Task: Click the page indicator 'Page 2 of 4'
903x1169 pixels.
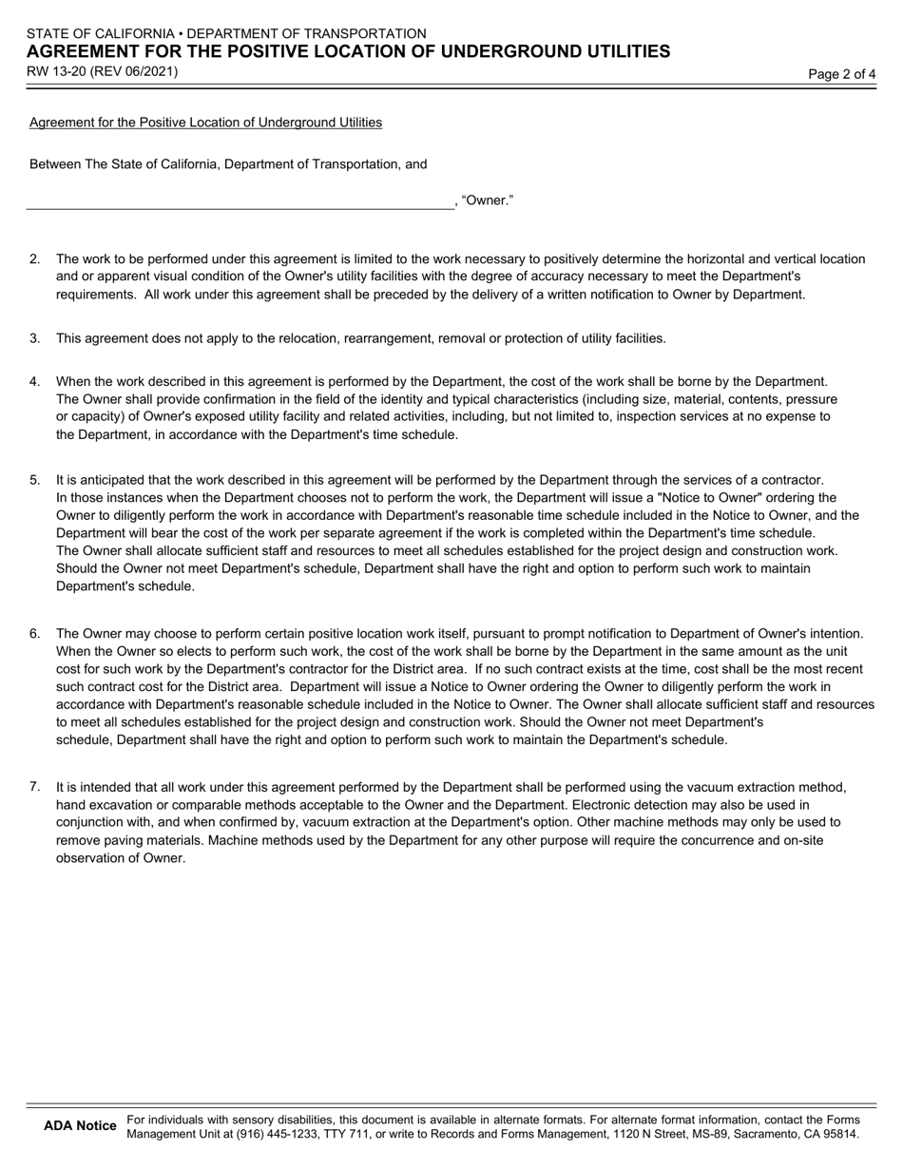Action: point(841,74)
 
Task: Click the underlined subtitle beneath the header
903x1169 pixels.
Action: point(205,123)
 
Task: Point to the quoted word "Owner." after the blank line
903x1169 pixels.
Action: point(488,201)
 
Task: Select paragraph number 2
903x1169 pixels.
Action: point(35,259)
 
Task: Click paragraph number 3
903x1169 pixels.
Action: point(35,338)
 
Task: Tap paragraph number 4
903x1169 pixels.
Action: point(35,382)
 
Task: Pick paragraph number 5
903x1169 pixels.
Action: point(35,480)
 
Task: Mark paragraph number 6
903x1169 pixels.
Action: point(35,634)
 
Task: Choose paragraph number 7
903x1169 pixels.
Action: point(35,787)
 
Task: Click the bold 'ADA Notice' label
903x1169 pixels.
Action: point(80,1126)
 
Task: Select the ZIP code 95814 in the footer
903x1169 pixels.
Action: point(841,1134)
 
